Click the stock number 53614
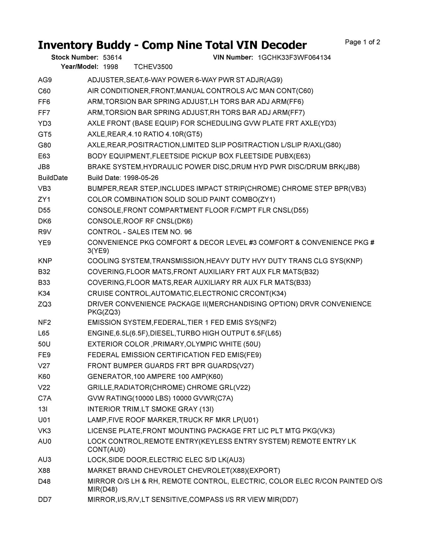pyautogui.click(x=112, y=58)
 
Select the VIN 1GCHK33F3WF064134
pyautogui.click(x=294, y=58)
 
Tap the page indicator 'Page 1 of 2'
pyautogui.click(x=362, y=42)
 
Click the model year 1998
pyautogui.click(x=111, y=67)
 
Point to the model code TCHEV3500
pyautogui.click(x=153, y=67)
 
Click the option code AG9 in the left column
pyautogui.click(x=45, y=80)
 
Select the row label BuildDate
pyautogui.click(x=53, y=178)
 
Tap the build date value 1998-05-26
pyautogui.click(x=141, y=178)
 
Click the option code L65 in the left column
pyautogui.click(x=44, y=333)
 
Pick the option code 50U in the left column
pyautogui.click(x=44, y=344)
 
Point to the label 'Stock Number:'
pyautogui.click(x=75, y=58)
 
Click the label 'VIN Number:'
pyautogui.click(x=233, y=58)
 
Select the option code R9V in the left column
pyautogui.click(x=45, y=232)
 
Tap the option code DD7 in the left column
pyautogui.click(x=45, y=500)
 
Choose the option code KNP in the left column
pyautogui.click(x=45, y=261)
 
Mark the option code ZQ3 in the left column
pyautogui.click(x=45, y=304)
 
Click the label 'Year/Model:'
pyautogui.click(x=80, y=67)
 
